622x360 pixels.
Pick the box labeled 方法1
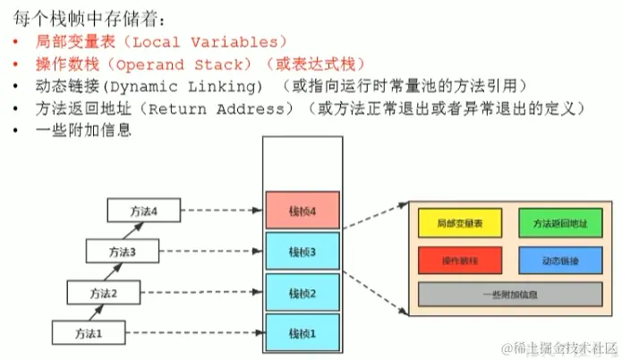click(x=87, y=333)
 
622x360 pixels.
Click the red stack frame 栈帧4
click(x=302, y=211)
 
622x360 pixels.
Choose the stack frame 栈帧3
click(x=302, y=252)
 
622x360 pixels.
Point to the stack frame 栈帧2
click(x=302, y=292)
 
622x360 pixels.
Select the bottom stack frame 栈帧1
click(x=302, y=332)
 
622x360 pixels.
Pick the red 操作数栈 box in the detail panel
click(x=455, y=260)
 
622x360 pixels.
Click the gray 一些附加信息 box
click(x=505, y=295)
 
